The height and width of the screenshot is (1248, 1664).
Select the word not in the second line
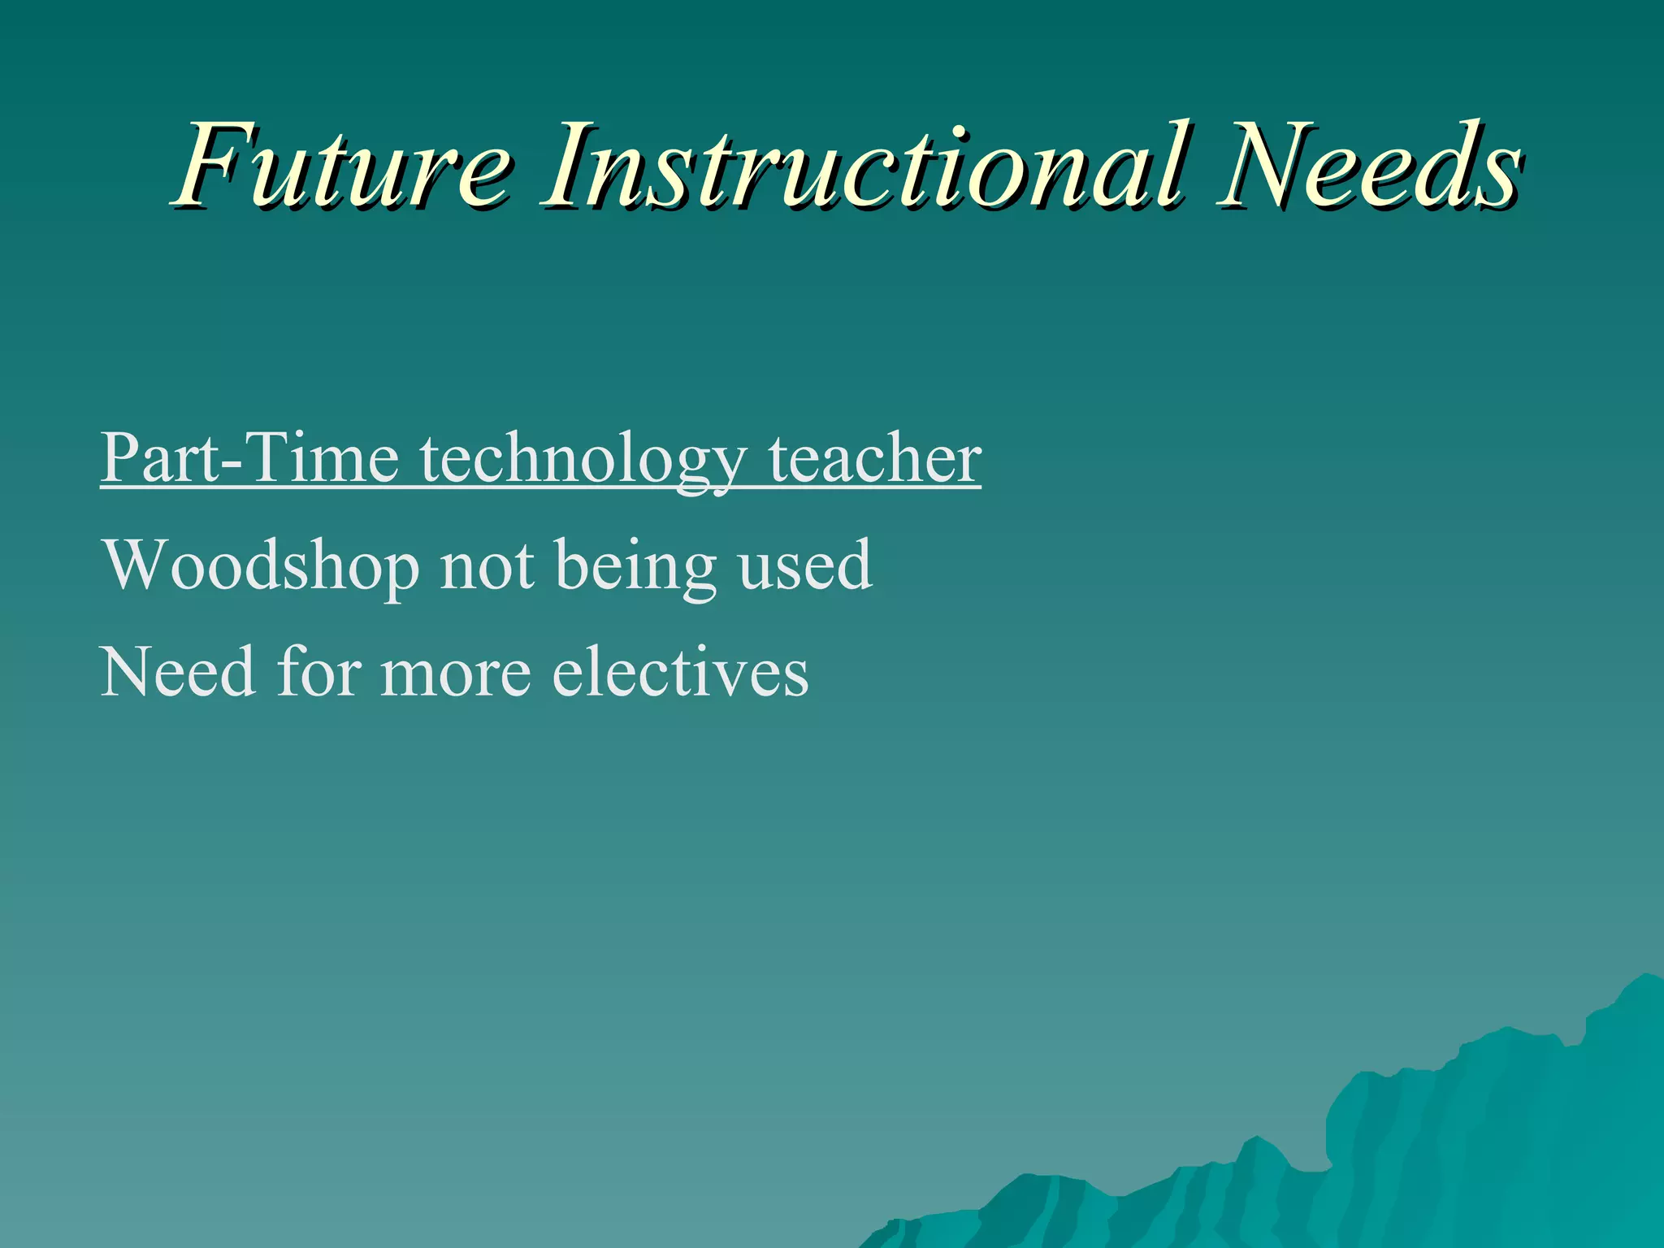pos(487,565)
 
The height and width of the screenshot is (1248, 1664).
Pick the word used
pos(804,565)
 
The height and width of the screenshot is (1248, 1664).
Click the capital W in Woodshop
pos(139,564)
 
